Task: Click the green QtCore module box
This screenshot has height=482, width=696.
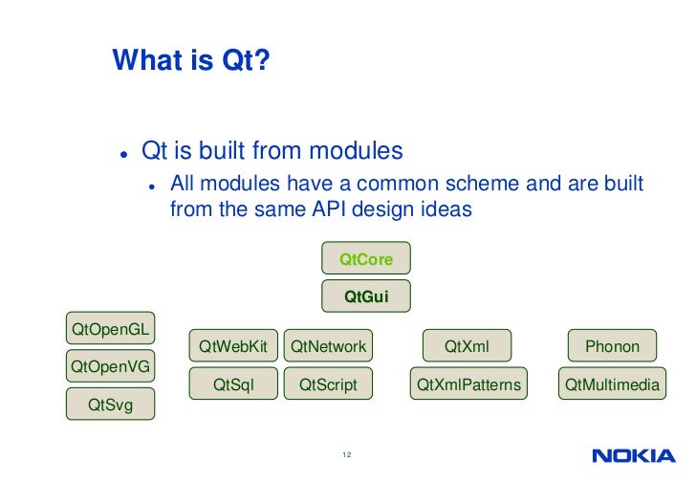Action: (x=366, y=259)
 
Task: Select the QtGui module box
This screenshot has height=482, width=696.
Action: (x=366, y=297)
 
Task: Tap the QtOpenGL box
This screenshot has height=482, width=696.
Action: (x=111, y=330)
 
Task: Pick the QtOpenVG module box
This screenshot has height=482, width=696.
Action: (x=111, y=365)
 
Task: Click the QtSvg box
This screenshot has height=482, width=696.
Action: (x=111, y=405)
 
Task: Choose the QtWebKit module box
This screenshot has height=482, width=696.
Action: (x=233, y=346)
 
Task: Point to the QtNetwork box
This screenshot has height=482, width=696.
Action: (x=328, y=346)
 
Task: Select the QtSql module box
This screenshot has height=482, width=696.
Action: (x=233, y=384)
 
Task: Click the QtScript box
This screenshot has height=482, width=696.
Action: (x=328, y=384)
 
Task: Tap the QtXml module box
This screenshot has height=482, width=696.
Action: (x=468, y=346)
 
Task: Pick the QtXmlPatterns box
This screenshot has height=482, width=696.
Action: (x=468, y=384)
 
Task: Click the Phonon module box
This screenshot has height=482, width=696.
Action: (x=612, y=346)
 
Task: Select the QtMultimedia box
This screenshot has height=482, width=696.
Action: (x=612, y=384)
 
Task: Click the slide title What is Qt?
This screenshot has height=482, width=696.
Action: (x=191, y=61)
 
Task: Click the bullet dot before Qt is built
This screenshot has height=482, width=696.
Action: (x=124, y=154)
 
